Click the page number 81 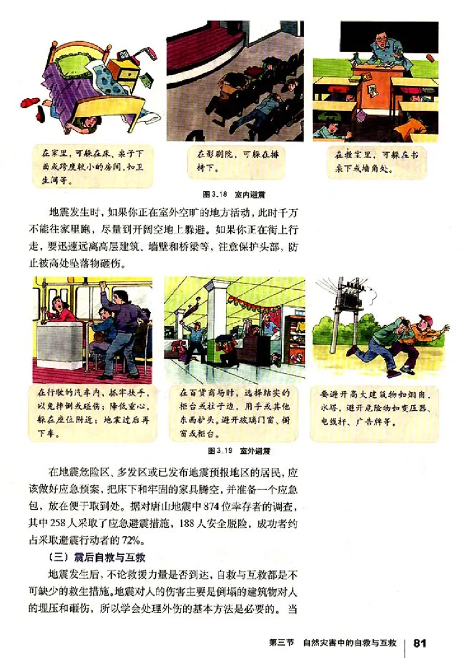coord(420,643)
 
